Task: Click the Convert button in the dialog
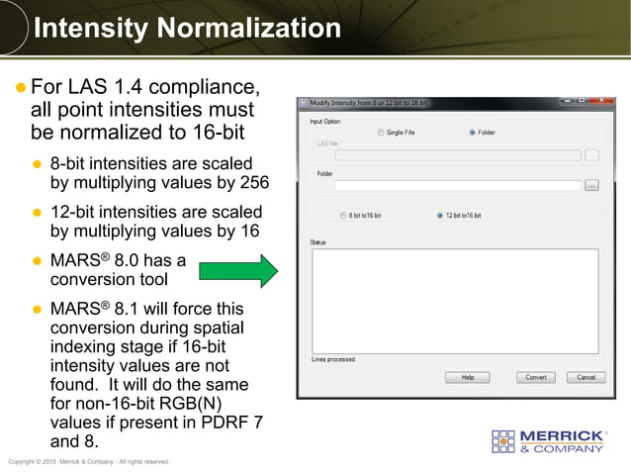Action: [x=535, y=377]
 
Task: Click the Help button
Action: [x=467, y=377]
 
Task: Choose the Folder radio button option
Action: [x=473, y=132]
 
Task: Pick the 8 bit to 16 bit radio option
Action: [x=343, y=216]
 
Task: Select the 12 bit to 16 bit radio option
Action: [x=440, y=216]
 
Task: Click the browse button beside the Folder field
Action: [x=591, y=185]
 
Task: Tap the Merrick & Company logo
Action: [x=549, y=441]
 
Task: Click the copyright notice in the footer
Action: [x=89, y=461]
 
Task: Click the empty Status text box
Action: [x=454, y=300]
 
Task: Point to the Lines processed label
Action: [x=333, y=359]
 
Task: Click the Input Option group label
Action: [x=324, y=121]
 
